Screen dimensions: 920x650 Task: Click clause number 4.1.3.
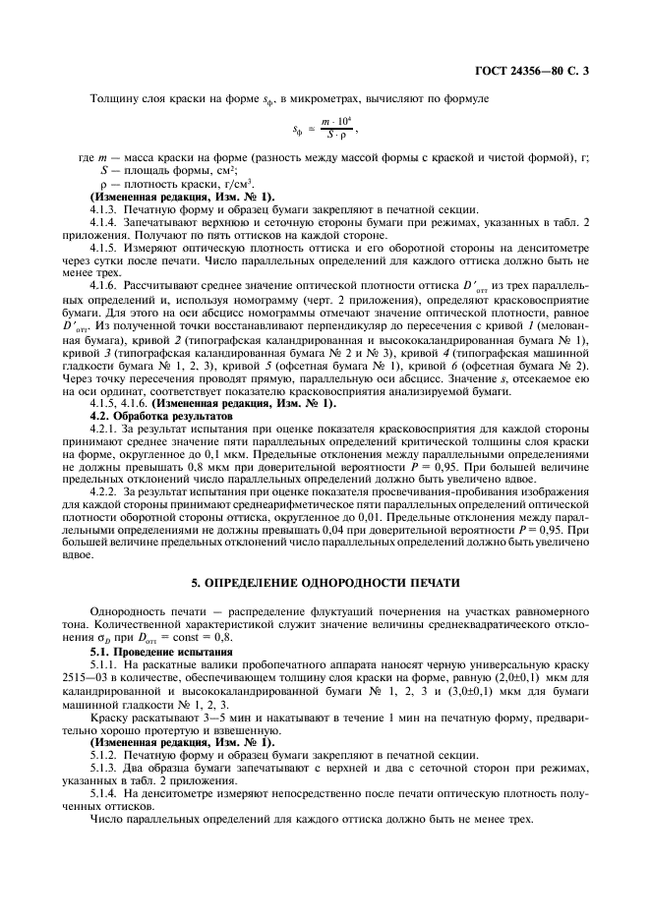[104, 210]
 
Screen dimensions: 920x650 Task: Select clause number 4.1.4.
[104, 223]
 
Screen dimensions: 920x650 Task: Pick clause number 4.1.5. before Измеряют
[104, 249]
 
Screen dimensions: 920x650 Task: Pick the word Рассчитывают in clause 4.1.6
[159, 287]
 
